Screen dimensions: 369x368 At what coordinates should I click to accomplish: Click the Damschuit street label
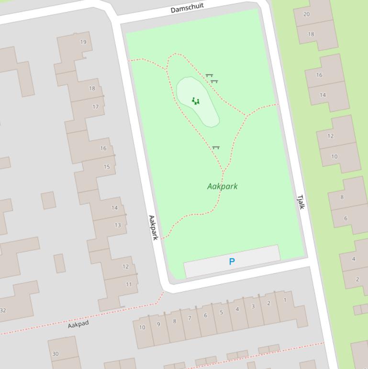click(x=187, y=8)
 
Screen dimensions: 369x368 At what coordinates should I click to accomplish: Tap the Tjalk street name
click(x=301, y=202)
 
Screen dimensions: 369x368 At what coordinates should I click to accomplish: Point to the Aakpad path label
click(x=78, y=324)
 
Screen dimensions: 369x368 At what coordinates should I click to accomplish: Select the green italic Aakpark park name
click(x=222, y=186)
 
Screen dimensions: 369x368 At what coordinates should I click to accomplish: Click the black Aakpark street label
click(x=153, y=228)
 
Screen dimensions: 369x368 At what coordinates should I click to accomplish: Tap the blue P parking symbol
click(x=232, y=262)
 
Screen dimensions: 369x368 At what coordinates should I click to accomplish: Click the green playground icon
click(x=195, y=101)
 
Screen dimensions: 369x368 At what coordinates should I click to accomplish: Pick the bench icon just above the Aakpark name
click(x=216, y=148)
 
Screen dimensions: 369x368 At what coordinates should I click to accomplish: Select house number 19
click(x=83, y=42)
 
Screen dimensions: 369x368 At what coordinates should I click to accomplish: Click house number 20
click(x=306, y=14)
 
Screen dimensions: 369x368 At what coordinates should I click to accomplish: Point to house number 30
click(x=55, y=354)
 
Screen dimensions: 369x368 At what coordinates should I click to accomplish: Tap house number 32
click(x=3, y=311)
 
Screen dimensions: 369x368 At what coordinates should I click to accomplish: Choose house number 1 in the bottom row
click(x=285, y=300)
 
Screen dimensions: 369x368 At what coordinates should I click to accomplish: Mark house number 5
click(x=221, y=312)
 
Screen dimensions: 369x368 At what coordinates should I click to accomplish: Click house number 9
click(x=158, y=324)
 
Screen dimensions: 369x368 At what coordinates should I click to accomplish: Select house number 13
click(x=118, y=225)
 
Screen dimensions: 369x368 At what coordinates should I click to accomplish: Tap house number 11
click(x=129, y=285)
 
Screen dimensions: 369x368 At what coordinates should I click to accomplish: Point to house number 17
click(x=95, y=106)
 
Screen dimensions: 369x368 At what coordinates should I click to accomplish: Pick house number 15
click(x=107, y=167)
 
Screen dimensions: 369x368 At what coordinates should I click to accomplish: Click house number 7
click(x=190, y=318)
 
